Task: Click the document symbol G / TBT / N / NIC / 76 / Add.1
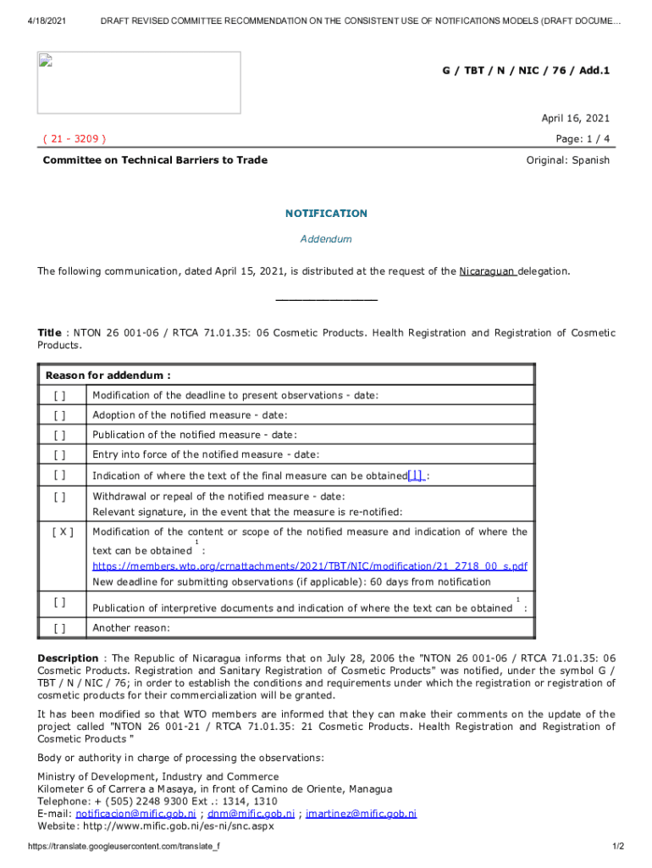click(526, 70)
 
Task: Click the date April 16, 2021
click(575, 119)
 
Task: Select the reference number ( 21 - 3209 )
click(74, 138)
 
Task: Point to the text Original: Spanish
click(567, 160)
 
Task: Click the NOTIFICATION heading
click(326, 214)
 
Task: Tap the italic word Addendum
click(326, 239)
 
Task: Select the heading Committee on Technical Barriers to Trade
click(155, 160)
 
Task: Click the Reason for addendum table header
click(108, 376)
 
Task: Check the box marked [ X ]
click(62, 532)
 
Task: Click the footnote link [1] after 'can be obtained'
click(416, 476)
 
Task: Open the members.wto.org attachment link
click(310, 565)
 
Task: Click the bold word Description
click(68, 659)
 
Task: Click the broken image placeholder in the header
click(139, 82)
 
